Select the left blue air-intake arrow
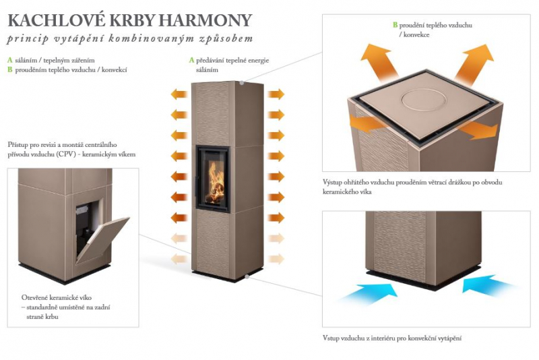[367, 293]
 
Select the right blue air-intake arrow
[487, 284]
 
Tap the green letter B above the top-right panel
[395, 25]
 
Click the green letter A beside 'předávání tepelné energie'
[191, 61]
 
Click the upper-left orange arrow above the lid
[380, 61]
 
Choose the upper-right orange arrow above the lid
[473, 62]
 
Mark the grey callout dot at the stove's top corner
[242, 83]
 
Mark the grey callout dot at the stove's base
[247, 276]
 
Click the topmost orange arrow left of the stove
[179, 94]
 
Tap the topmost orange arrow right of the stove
[276, 94]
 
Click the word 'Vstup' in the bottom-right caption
[331, 338]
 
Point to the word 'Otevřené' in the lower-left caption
[33, 298]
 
